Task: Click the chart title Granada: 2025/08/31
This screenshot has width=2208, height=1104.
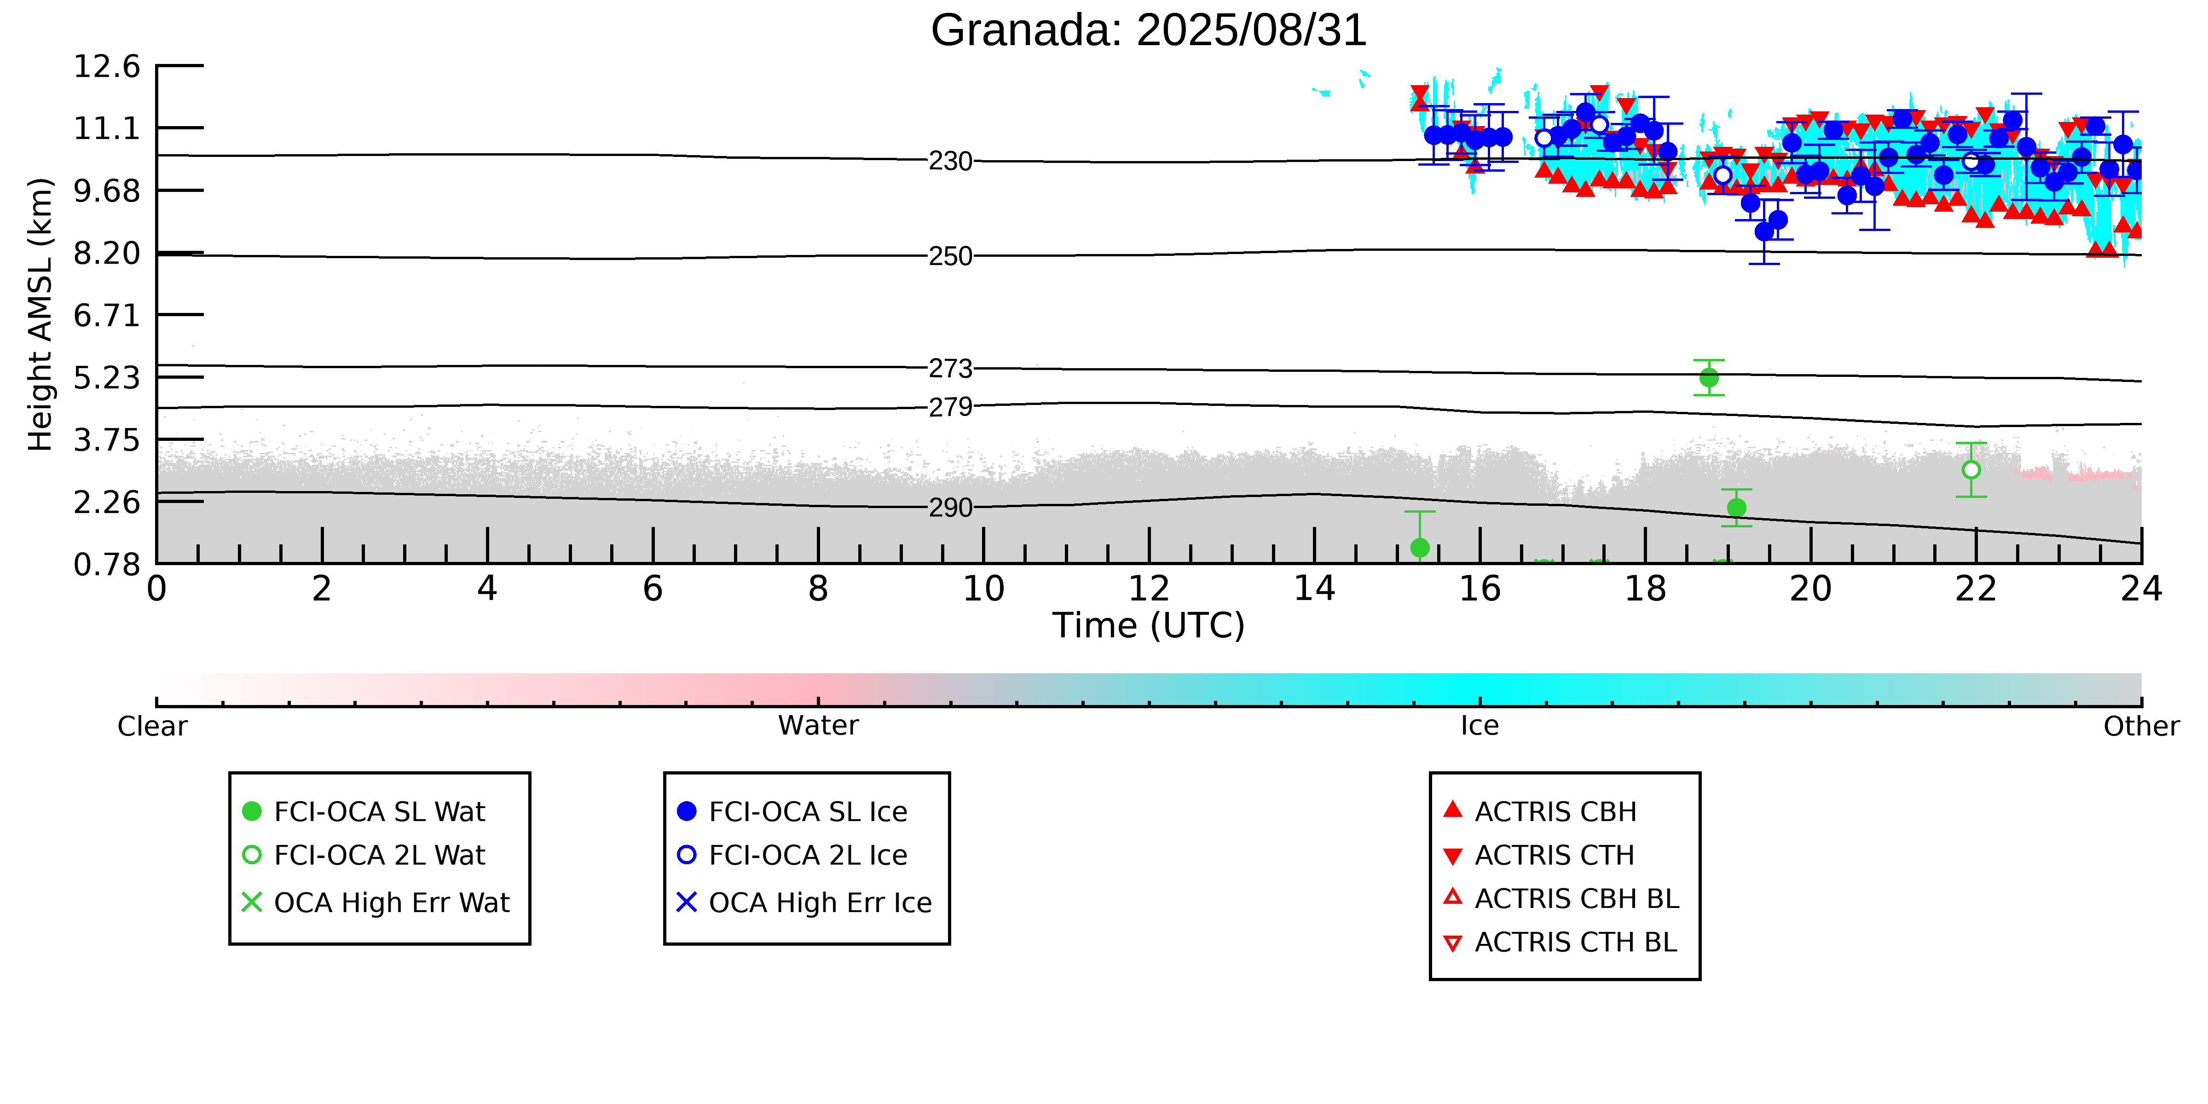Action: [x=1149, y=31]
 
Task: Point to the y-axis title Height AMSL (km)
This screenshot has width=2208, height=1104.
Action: [x=40, y=315]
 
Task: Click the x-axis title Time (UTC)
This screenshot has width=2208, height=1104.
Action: [x=1149, y=626]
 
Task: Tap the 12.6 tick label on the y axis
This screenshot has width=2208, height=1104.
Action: [x=106, y=66]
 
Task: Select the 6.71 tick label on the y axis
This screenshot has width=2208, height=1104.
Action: [x=106, y=315]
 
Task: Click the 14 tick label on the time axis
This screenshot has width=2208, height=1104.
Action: [x=1314, y=589]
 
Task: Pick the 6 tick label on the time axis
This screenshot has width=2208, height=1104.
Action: [x=653, y=589]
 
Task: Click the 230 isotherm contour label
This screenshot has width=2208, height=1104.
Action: [x=951, y=161]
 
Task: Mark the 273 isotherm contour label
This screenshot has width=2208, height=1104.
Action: [x=951, y=369]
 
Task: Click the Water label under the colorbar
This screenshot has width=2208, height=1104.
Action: [x=818, y=726]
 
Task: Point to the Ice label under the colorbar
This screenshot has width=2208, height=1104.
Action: [x=1480, y=726]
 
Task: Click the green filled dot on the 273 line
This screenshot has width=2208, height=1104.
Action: [x=1708, y=377]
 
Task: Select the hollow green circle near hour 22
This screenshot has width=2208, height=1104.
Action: [x=1971, y=470]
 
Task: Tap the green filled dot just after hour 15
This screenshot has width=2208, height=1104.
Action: [x=1419, y=548]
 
